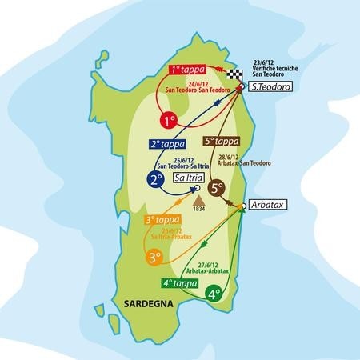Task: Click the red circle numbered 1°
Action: (168, 122)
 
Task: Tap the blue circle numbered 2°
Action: (157, 181)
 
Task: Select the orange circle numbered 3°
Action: (156, 258)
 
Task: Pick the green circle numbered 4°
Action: (214, 294)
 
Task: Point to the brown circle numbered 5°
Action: (216, 189)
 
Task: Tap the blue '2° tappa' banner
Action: (167, 144)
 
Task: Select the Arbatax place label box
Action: (268, 203)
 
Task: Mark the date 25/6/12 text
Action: (187, 160)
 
